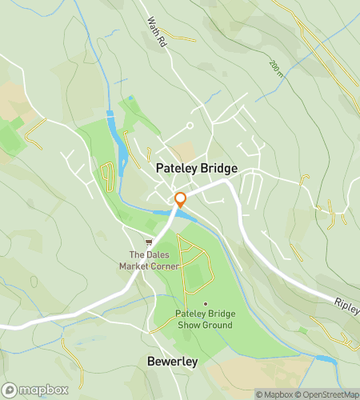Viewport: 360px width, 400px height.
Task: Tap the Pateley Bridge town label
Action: pyautogui.click(x=197, y=169)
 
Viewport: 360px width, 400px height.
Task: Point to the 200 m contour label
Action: pyautogui.click(x=277, y=69)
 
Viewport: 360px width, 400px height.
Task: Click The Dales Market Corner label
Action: pyautogui.click(x=149, y=260)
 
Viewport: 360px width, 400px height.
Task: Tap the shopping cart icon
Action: pyautogui.click(x=148, y=241)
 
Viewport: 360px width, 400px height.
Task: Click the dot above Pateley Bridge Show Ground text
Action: pyautogui.click(x=206, y=304)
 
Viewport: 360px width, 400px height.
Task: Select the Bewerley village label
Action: pyautogui.click(x=172, y=362)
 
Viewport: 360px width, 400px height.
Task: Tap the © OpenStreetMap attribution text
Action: pyautogui.click(x=328, y=394)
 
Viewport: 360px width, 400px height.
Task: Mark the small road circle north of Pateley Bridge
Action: pyautogui.click(x=190, y=125)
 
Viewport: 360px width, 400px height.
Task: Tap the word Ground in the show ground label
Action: pyautogui.click(x=218, y=326)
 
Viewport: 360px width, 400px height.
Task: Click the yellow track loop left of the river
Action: pyautogui.click(x=109, y=175)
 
